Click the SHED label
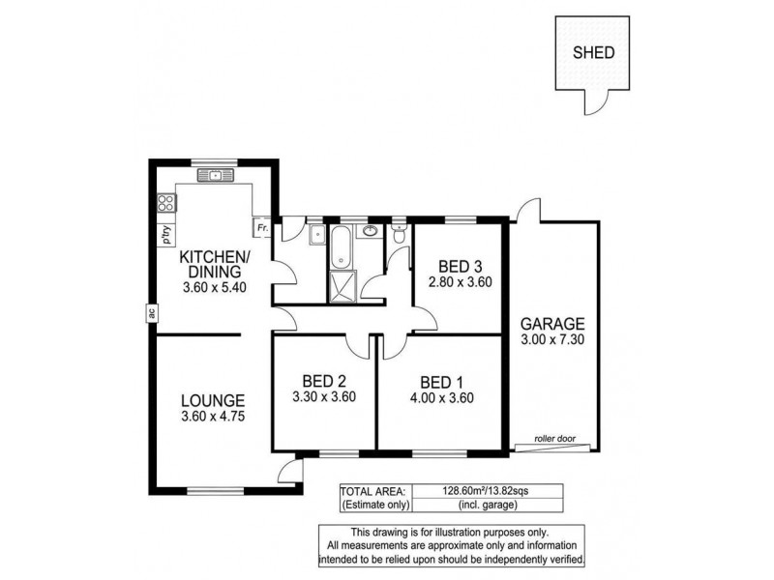[594, 53]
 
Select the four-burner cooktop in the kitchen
[166, 203]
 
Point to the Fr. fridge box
[261, 228]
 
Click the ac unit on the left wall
[152, 312]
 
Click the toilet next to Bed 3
[399, 234]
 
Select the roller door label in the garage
[554, 439]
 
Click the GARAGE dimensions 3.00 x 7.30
[553, 339]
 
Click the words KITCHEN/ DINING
[215, 264]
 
